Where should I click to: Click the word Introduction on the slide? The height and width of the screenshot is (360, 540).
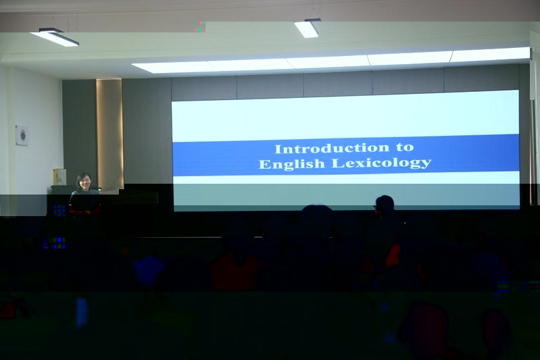pos(332,149)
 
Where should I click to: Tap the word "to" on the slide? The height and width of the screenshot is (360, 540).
pos(405,147)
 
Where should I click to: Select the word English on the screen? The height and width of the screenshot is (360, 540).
pos(292,164)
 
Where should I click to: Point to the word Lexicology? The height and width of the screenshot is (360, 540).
pos(381,163)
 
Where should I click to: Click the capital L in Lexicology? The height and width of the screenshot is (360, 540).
pos(337,163)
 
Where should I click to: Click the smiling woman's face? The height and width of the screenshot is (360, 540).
pos(84,182)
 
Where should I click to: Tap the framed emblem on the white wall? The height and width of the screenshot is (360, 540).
pos(22,135)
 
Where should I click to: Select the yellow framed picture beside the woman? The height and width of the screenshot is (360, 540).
pos(59,177)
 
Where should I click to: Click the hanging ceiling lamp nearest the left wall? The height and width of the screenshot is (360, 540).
pos(55,38)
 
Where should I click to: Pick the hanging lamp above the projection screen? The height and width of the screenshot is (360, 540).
pos(308,28)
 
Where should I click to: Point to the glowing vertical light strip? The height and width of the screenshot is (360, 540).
pos(109,134)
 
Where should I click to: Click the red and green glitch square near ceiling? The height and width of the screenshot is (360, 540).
pos(200,27)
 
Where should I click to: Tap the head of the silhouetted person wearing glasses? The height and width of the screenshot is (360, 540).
pos(385,205)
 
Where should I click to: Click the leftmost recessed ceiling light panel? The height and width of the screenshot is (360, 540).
pos(171,67)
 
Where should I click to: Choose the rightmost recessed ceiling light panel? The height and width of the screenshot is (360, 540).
pos(491,55)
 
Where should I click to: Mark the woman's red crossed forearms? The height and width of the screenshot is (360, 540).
pos(84,211)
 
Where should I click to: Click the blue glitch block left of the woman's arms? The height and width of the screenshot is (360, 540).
pos(59,210)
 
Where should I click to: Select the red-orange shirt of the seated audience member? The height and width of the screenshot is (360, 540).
pos(236,272)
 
